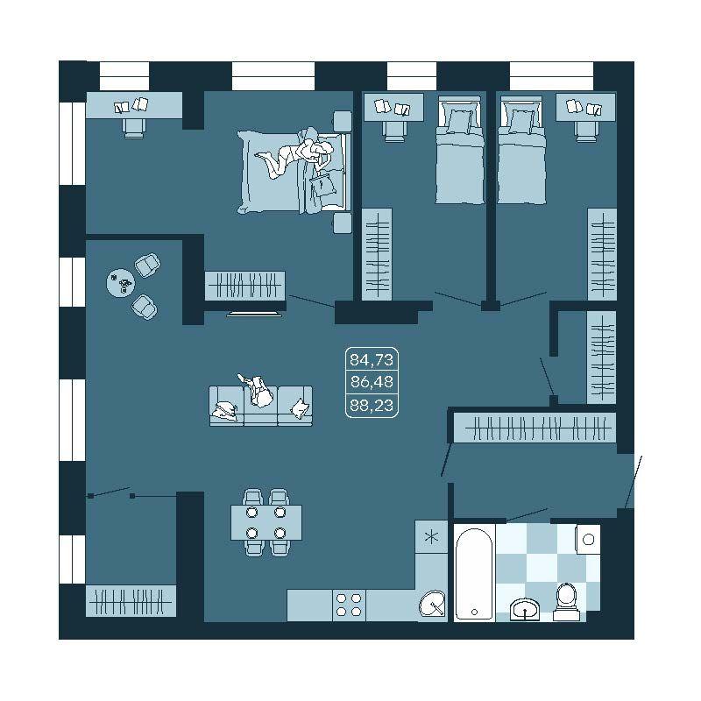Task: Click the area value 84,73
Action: click(371, 359)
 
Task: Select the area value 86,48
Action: click(372, 382)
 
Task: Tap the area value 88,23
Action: click(372, 406)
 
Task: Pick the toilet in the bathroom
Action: click(566, 602)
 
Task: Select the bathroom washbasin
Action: click(525, 609)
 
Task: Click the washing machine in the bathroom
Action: click(588, 539)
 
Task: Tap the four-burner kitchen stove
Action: click(349, 605)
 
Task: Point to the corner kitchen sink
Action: click(432, 604)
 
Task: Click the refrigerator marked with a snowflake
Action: click(431, 536)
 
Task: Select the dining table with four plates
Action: click(266, 522)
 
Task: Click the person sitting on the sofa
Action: click(257, 390)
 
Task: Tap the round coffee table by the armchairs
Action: click(121, 282)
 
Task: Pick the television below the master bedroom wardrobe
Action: click(254, 315)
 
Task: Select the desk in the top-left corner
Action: click(134, 105)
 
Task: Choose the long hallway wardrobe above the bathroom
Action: click(535, 428)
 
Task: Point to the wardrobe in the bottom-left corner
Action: click(131, 601)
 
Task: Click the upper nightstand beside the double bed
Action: click(343, 121)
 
